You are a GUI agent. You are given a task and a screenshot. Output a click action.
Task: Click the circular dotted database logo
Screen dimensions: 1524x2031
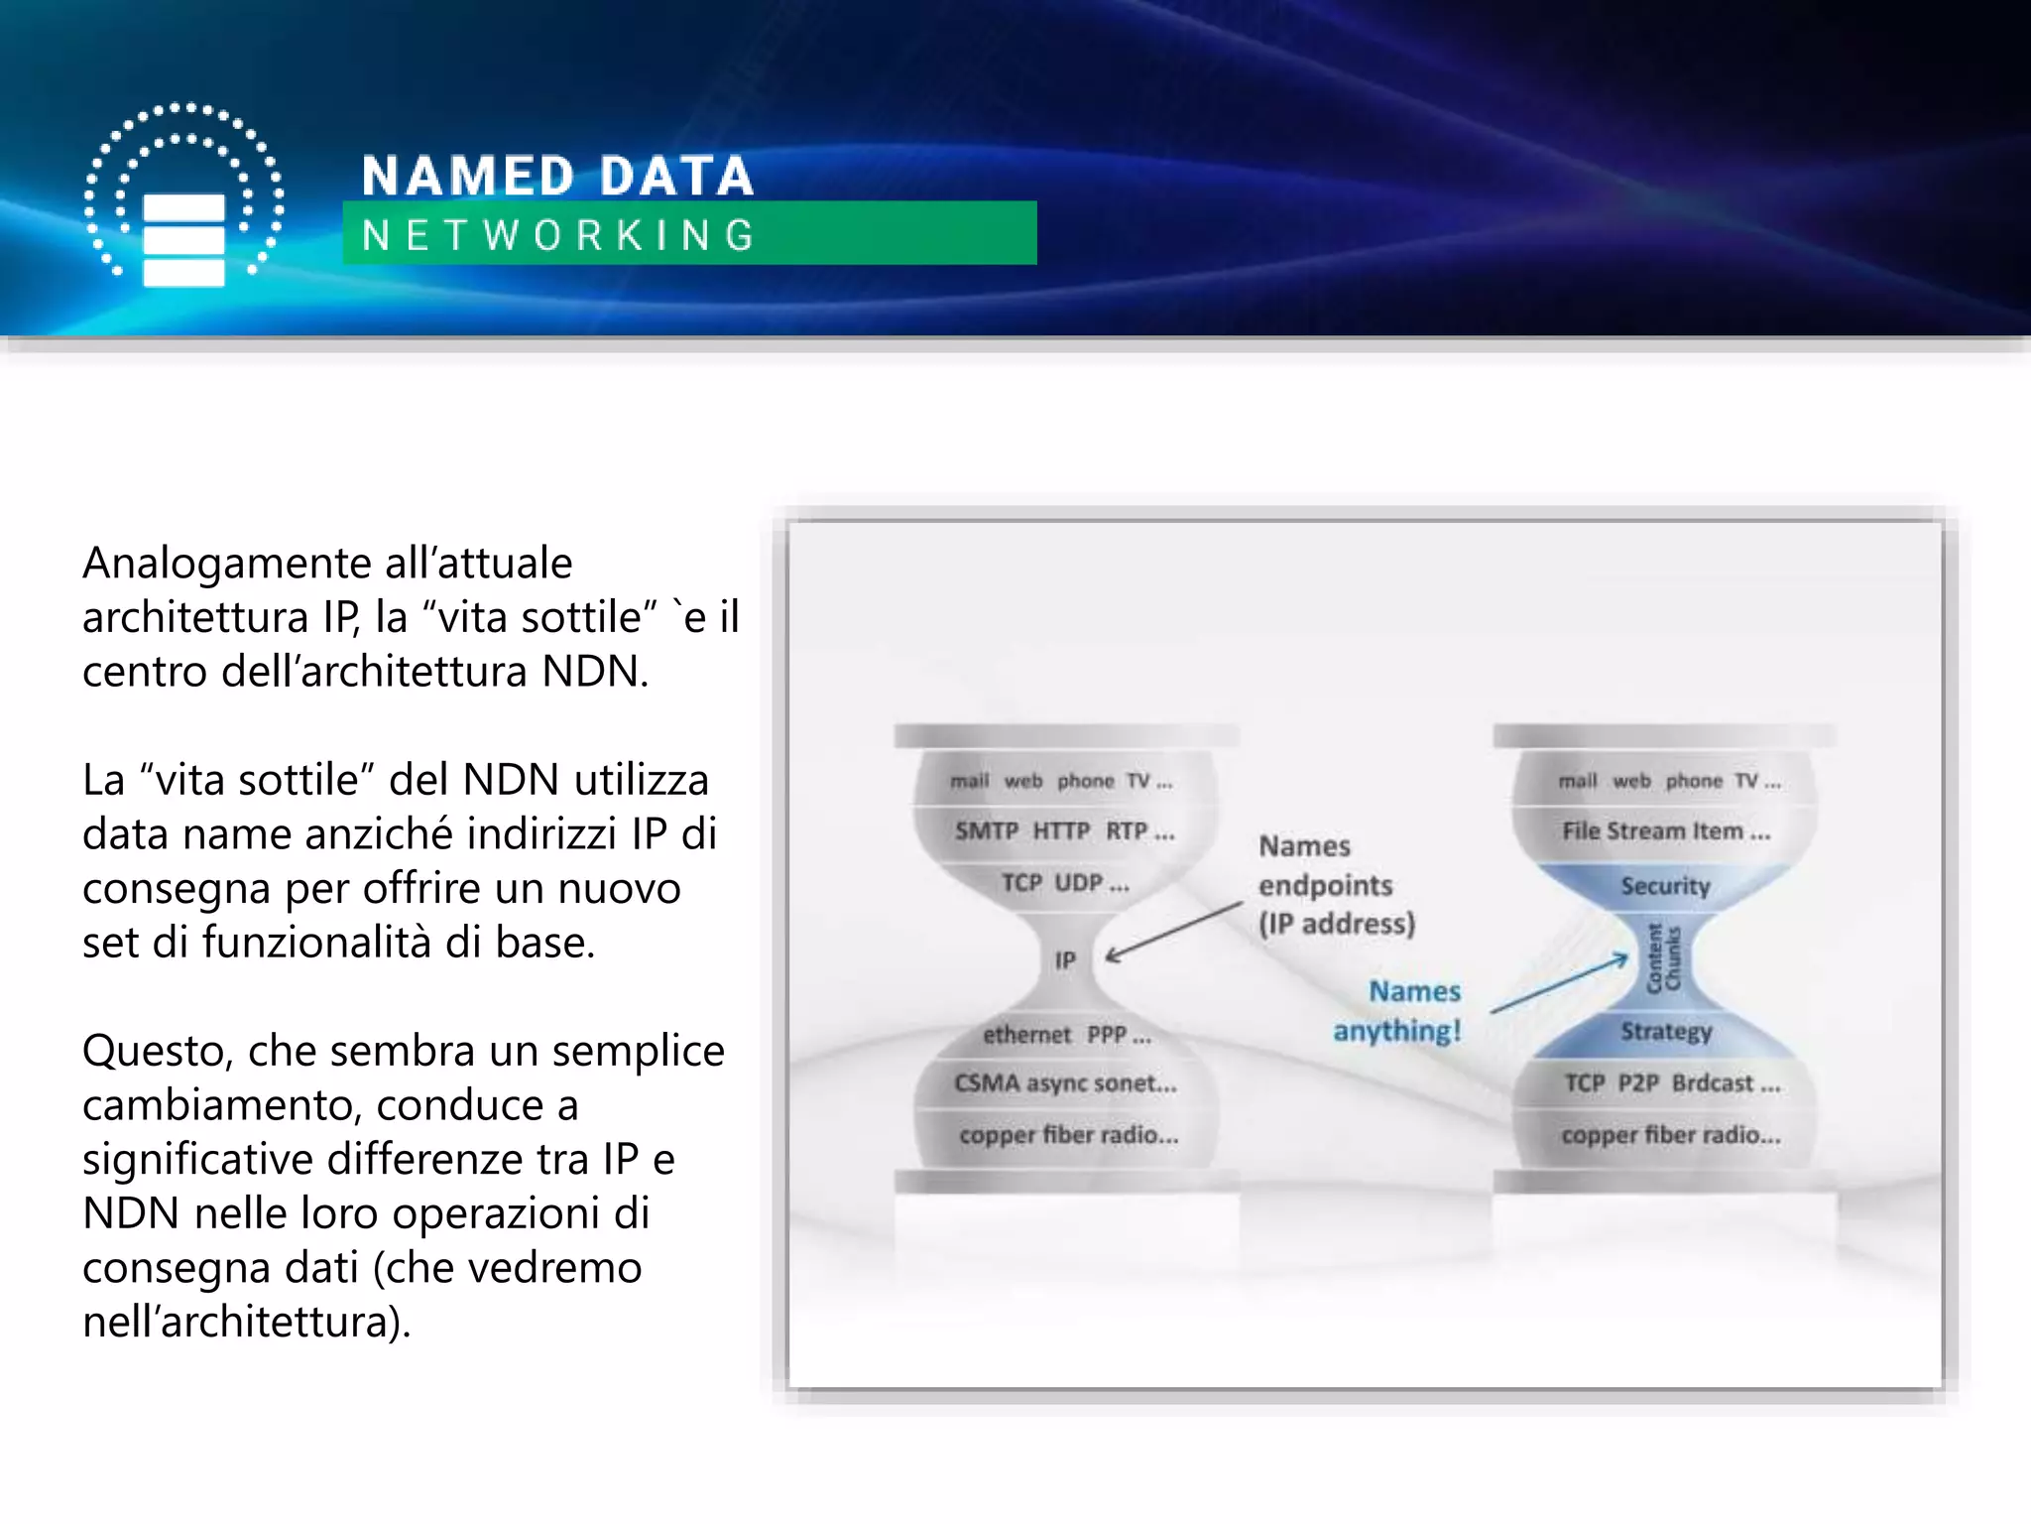(x=183, y=195)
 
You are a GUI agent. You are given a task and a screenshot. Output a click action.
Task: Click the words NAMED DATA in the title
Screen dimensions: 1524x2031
(x=557, y=177)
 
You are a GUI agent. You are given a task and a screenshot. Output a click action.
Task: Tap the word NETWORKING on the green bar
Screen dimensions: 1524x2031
(x=559, y=236)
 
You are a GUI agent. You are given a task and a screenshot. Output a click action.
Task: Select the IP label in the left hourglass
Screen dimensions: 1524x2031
(x=1064, y=960)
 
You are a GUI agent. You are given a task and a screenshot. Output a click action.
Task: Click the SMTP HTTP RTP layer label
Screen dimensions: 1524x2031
(x=1064, y=831)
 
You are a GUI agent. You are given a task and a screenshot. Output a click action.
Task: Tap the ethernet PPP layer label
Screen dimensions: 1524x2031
(x=1067, y=1035)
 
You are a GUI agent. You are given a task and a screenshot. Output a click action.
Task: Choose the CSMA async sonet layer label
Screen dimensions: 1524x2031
(x=1065, y=1083)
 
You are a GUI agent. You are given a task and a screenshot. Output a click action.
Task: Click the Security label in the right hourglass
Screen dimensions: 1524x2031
(x=1665, y=886)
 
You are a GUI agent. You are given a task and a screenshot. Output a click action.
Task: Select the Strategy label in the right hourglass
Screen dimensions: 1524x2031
(x=1666, y=1032)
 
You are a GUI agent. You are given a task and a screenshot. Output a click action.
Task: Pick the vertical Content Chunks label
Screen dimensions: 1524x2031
(x=1663, y=958)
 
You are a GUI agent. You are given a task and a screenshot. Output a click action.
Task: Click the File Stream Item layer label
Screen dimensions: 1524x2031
(x=1666, y=831)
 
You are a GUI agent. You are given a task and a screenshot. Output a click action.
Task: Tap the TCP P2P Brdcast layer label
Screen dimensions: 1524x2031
(x=1672, y=1083)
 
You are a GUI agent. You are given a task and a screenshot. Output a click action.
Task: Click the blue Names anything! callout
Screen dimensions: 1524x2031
(x=1398, y=1011)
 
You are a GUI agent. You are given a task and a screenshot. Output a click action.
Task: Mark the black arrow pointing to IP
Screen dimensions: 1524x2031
(x=1174, y=932)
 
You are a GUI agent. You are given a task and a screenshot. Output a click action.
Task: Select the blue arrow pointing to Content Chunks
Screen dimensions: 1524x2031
(x=1560, y=984)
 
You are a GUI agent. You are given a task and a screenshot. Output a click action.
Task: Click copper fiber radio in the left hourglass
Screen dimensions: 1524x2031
(x=1068, y=1135)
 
